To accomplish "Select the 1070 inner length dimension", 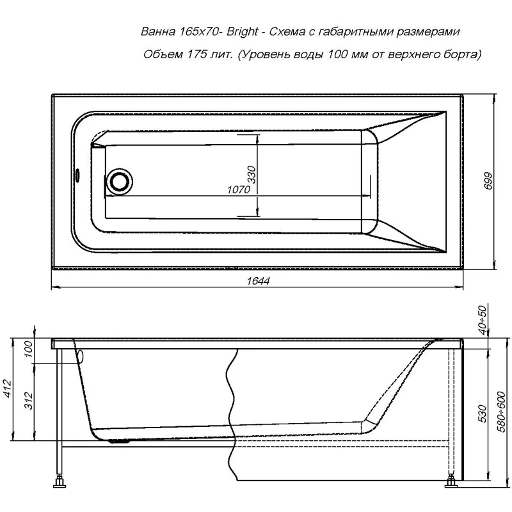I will [238, 190].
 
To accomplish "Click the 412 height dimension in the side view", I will [8, 388].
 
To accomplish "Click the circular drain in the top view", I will [118, 180].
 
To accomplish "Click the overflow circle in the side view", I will [81, 356].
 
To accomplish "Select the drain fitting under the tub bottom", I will [120, 440].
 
